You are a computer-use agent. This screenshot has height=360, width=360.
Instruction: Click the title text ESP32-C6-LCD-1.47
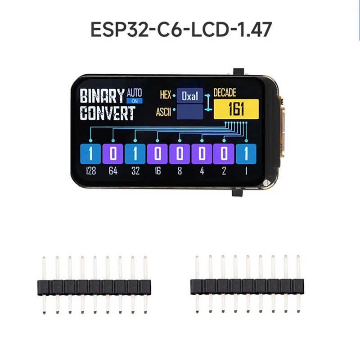coord(181,29)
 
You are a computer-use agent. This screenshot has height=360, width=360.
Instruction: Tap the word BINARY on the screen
coord(102,96)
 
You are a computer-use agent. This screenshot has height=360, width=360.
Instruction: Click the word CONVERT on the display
coord(108,113)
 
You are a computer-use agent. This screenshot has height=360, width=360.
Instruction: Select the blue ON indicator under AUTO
coord(135,101)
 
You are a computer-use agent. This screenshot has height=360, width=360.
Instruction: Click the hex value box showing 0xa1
coord(190,95)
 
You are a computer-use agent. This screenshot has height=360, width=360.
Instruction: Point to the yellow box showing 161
coord(236,109)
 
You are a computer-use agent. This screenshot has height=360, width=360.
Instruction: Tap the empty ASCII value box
coord(190,112)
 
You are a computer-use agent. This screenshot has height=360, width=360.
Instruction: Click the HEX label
coord(165,95)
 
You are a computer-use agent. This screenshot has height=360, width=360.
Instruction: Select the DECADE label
coord(225,93)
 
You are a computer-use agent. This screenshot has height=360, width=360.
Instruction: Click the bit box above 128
coord(90,154)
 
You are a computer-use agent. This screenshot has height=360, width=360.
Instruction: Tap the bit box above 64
coord(113,154)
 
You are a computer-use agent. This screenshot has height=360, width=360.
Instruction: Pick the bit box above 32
coord(135,154)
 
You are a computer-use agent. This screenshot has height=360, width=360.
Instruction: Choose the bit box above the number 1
coord(246,154)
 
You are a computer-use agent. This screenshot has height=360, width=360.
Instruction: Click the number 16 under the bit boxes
coord(157,171)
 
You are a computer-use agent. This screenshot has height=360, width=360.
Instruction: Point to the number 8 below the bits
coord(180,171)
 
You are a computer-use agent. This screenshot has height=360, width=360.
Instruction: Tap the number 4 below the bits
coord(202,171)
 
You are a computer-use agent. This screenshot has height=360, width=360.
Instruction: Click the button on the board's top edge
coord(238,71)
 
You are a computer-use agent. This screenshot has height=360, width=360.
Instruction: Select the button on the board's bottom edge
coord(238,193)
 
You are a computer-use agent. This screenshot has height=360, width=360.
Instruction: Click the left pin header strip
coord(94,285)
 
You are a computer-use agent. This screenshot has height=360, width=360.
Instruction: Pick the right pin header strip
coord(247,284)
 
